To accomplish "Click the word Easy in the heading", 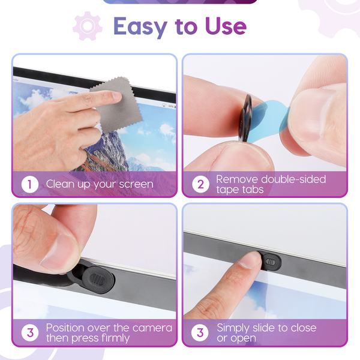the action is [140, 27].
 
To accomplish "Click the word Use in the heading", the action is [226, 26].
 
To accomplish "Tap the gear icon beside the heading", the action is [88, 26].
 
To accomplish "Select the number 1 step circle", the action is [29, 184].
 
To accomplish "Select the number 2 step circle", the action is [200, 184].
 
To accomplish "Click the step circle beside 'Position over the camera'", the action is [30, 332].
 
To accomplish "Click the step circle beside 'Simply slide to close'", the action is [200, 332].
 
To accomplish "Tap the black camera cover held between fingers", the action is [245, 118].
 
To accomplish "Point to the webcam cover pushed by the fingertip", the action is [270, 262].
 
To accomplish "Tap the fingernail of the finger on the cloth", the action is [117, 95].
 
